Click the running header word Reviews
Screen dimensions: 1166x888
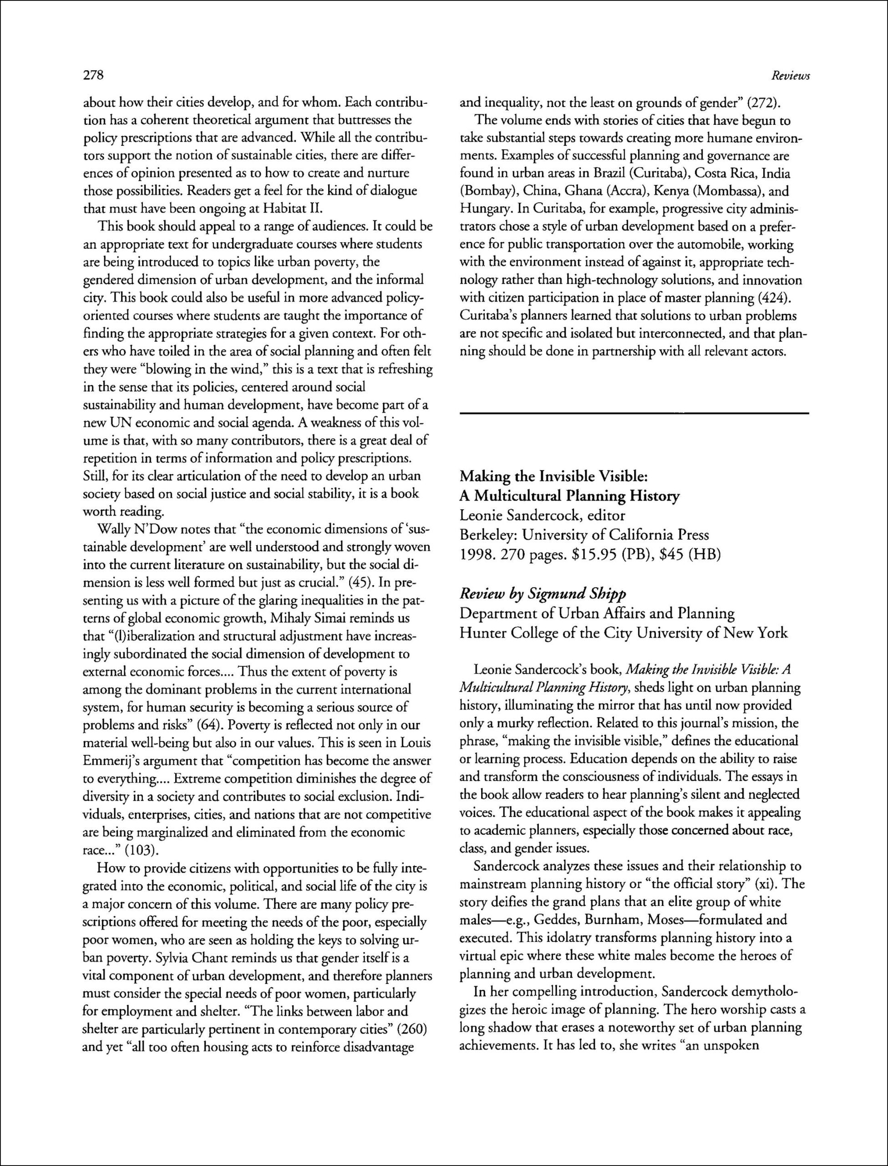pyautogui.click(x=790, y=76)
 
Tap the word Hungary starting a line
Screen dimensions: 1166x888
pyautogui.click(x=484, y=209)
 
